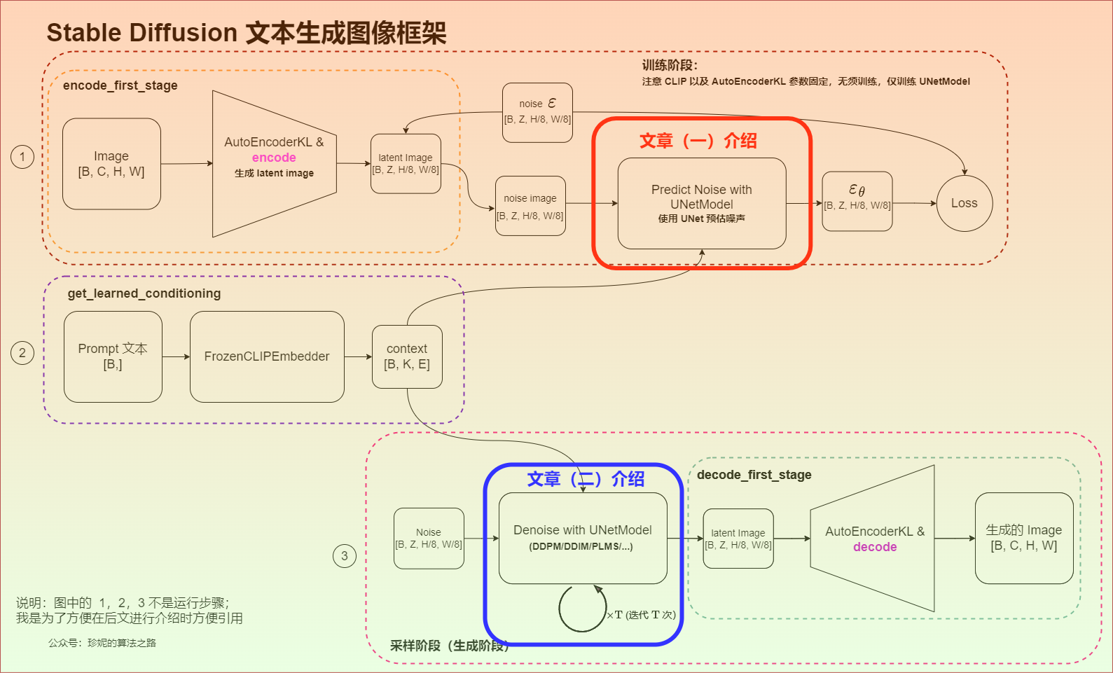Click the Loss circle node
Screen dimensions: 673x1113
[x=964, y=203]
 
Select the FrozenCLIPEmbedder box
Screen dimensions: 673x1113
[x=267, y=356]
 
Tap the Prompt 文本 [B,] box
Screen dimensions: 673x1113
[x=113, y=356]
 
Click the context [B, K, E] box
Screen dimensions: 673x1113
[x=407, y=356]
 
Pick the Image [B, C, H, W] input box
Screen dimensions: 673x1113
[x=111, y=164]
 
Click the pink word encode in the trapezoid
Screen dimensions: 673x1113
[x=274, y=158]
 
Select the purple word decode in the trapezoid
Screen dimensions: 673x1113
[x=875, y=547]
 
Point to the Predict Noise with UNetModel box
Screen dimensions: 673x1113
[x=701, y=203]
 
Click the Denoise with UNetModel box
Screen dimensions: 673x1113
[x=582, y=538]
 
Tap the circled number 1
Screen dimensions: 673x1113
[x=22, y=156]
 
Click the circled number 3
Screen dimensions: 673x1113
[x=344, y=556]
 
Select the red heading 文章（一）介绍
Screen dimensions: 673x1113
[x=698, y=141]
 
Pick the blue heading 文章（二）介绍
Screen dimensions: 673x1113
[x=586, y=479]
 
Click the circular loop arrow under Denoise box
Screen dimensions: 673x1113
[x=582, y=608]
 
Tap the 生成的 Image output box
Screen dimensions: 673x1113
[x=1023, y=538]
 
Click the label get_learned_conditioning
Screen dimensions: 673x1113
[x=144, y=293]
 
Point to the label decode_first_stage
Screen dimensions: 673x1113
[x=754, y=475]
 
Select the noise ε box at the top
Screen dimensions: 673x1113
[x=537, y=112]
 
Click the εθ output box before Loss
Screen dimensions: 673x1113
[x=857, y=201]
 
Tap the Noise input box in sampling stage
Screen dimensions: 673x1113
[x=429, y=538]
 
